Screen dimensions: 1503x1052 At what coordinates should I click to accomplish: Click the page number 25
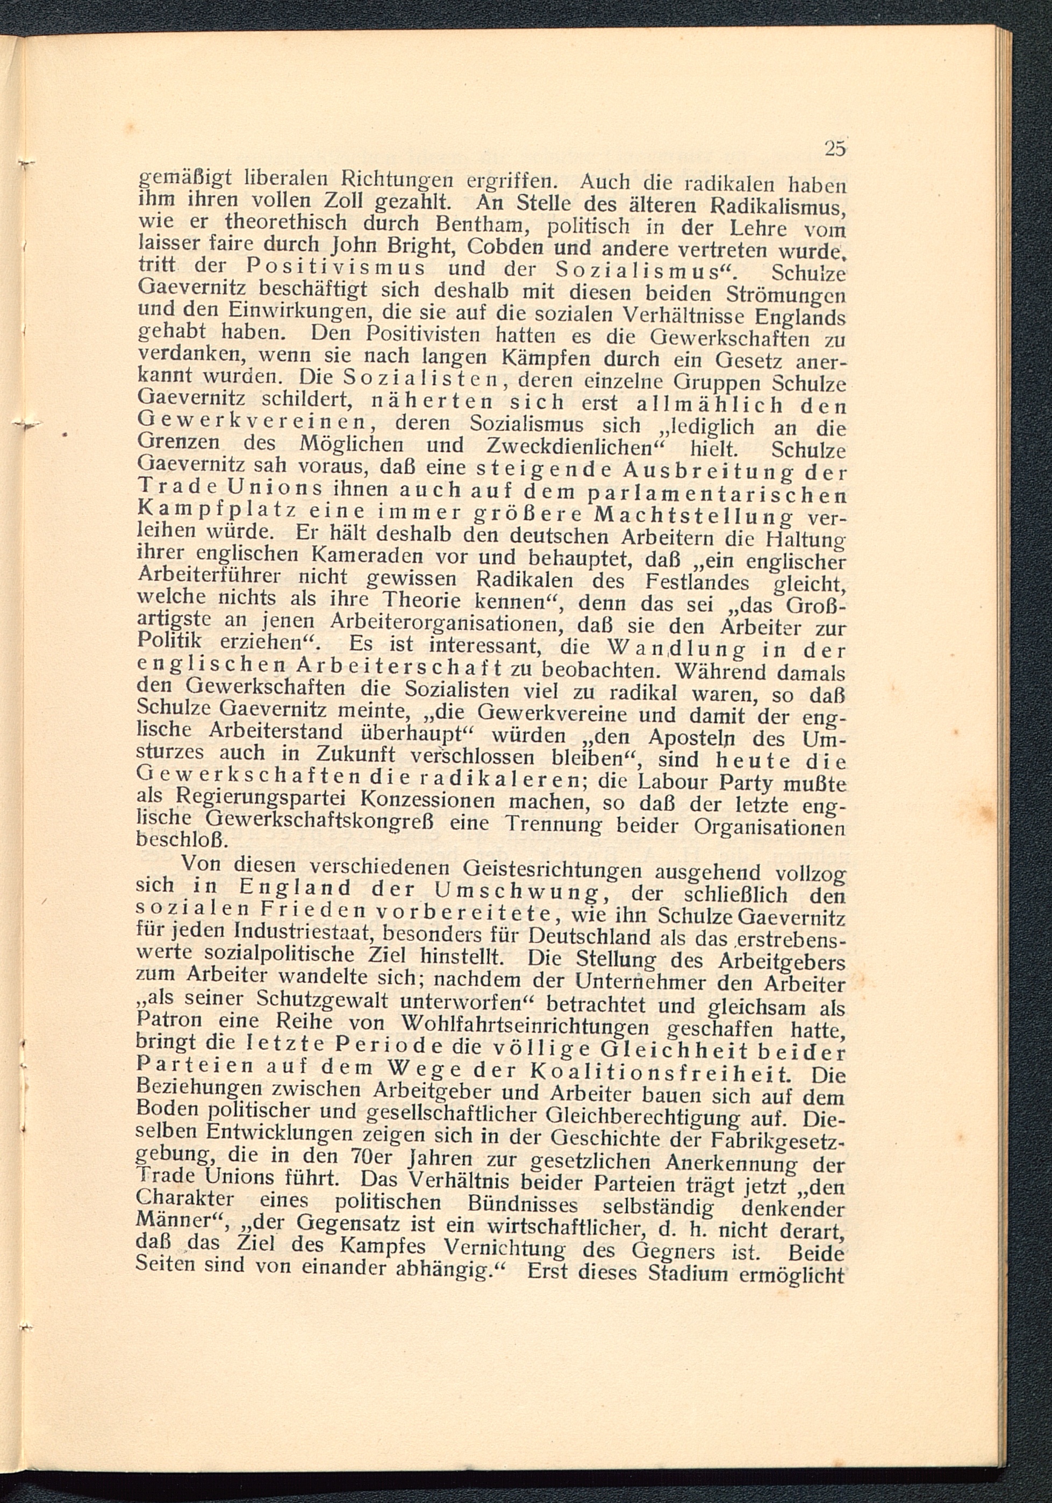pos(835,148)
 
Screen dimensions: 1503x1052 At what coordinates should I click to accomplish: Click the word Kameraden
pos(370,557)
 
